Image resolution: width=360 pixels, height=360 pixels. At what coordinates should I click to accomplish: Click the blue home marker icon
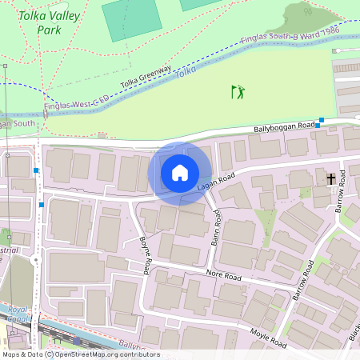[x=180, y=173]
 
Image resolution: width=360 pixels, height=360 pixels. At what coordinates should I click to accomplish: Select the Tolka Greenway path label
[x=146, y=78]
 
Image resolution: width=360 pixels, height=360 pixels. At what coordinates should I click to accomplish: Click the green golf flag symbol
[x=238, y=92]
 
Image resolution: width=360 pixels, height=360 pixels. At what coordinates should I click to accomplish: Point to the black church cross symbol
[x=330, y=179]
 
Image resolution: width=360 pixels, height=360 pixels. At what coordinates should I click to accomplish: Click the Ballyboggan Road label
[x=284, y=126]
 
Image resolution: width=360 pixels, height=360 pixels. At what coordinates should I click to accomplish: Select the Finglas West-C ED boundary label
[x=76, y=104]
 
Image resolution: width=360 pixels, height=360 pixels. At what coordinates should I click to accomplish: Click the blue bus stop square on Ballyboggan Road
[x=321, y=121]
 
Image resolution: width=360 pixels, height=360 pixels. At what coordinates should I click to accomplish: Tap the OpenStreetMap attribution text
[x=80, y=354]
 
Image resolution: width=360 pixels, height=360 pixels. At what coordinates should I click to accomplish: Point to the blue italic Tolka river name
[x=185, y=71]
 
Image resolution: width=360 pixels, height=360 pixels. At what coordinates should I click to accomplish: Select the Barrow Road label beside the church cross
[x=343, y=197]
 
